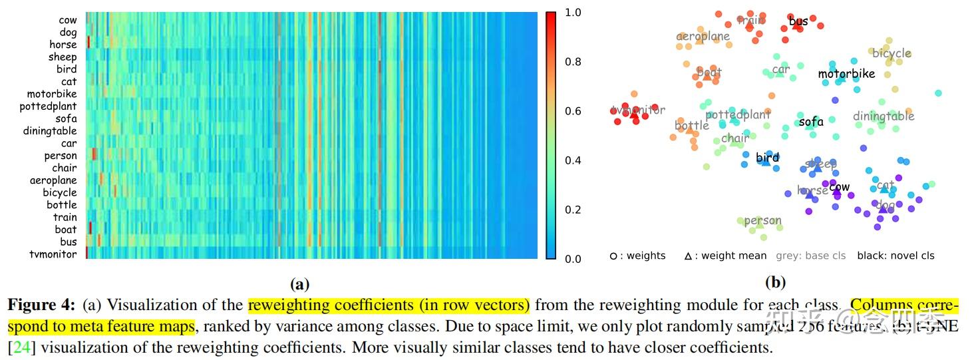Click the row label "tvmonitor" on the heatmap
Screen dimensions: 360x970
[x=53, y=254]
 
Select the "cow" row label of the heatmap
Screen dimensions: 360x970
[x=67, y=20]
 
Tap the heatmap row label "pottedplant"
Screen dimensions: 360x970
[x=48, y=106]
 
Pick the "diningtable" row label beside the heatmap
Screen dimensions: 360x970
[x=49, y=131]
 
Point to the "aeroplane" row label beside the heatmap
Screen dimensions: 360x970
[x=53, y=180]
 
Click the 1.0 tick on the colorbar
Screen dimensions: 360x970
[x=572, y=13]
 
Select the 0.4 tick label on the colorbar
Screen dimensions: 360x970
[x=572, y=160]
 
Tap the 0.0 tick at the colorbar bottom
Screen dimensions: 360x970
[x=572, y=259]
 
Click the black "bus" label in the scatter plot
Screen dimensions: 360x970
[x=798, y=22]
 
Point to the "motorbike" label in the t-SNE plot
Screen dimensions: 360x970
[x=846, y=74]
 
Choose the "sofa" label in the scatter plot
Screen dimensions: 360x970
[x=811, y=122]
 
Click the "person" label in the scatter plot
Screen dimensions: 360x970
[x=762, y=220]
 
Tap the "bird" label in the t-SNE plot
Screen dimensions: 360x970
[x=767, y=158]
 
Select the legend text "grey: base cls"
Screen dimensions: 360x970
[x=810, y=256]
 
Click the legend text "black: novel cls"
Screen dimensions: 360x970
[x=895, y=256]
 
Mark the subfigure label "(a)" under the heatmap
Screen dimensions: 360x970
[x=300, y=284]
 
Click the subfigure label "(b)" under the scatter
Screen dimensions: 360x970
[x=775, y=283]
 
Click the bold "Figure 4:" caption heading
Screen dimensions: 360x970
[x=41, y=305]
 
